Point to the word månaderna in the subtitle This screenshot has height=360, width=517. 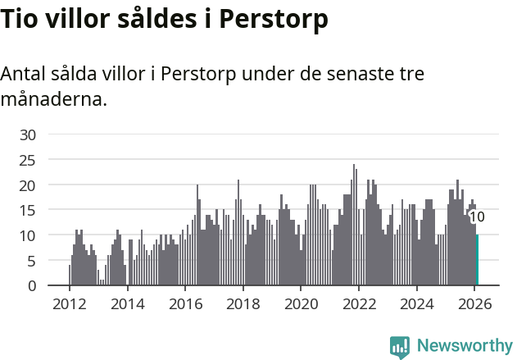pyautogui.click(x=53, y=100)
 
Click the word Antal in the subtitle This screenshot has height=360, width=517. pyautogui.click(x=25, y=74)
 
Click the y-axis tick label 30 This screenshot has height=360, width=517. pyautogui.click(x=28, y=134)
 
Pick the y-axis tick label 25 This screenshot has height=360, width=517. pyautogui.click(x=28, y=160)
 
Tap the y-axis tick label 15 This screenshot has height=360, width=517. pyautogui.click(x=28, y=210)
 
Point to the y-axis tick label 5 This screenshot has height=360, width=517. pyautogui.click(x=32, y=261)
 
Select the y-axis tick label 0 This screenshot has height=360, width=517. pyautogui.click(x=32, y=286)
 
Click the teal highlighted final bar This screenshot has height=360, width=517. pyautogui.click(x=477, y=261)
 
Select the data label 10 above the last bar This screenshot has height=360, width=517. pyautogui.click(x=477, y=217)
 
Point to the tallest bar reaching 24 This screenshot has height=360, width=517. pyautogui.click(x=354, y=226)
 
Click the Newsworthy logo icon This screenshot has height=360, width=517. pyautogui.click(x=399, y=347)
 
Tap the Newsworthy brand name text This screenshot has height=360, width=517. pyautogui.click(x=465, y=346)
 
